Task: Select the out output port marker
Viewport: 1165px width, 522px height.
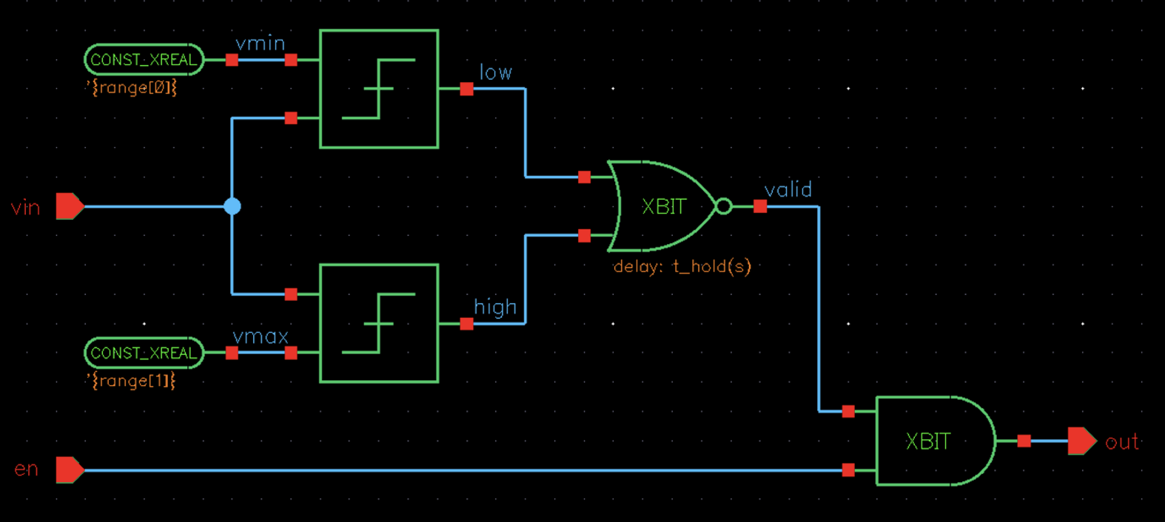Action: click(x=1081, y=441)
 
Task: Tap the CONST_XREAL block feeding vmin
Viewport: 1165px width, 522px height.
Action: click(x=144, y=60)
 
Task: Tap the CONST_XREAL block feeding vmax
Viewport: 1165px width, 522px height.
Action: click(x=144, y=353)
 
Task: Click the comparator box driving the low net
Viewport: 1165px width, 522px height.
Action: click(x=379, y=89)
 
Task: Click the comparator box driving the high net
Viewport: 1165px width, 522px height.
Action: click(x=379, y=323)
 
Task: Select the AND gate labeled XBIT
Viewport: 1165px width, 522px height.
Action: click(x=933, y=441)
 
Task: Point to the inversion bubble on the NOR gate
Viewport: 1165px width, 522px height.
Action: click(x=724, y=206)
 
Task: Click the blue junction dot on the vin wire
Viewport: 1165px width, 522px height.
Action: click(x=232, y=206)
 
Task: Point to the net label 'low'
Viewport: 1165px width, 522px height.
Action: click(x=495, y=72)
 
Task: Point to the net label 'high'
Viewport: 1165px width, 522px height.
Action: click(x=495, y=307)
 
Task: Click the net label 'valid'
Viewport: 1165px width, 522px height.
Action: click(x=788, y=190)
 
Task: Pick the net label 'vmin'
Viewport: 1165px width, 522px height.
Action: click(x=260, y=44)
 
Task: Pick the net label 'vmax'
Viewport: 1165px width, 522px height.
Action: click(x=260, y=337)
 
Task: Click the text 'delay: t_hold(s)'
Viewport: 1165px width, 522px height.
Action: click(x=682, y=266)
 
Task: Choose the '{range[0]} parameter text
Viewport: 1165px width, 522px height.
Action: click(x=131, y=88)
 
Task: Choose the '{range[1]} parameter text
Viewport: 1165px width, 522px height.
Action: click(x=131, y=381)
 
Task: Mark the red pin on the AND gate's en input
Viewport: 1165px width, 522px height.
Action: click(x=848, y=470)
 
